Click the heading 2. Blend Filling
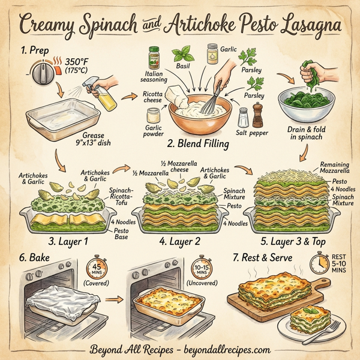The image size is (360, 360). [200, 143]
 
